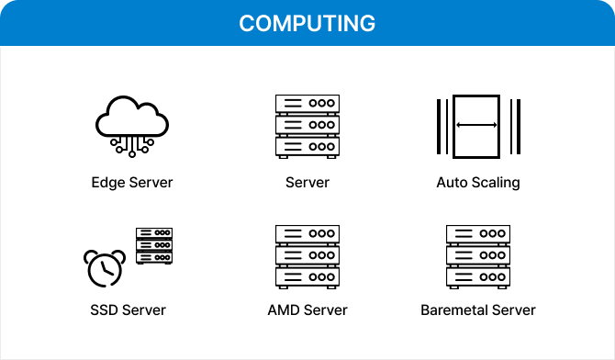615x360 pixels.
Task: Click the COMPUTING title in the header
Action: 307,23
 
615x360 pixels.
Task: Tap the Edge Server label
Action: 132,182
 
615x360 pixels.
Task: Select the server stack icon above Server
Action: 307,125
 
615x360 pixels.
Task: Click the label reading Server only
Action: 307,182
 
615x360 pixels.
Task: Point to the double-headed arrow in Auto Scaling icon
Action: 477,125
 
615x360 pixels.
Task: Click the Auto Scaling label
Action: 477,182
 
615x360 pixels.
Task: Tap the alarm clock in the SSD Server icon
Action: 104,267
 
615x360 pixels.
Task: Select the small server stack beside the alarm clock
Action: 154,246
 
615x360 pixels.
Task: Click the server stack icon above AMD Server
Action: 307,255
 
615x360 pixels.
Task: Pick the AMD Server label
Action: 307,309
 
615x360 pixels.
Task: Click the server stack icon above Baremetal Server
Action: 477,255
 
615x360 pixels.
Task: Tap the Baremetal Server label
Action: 477,309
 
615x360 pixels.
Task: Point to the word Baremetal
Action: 453,309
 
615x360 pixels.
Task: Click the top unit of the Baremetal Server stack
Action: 477,234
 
